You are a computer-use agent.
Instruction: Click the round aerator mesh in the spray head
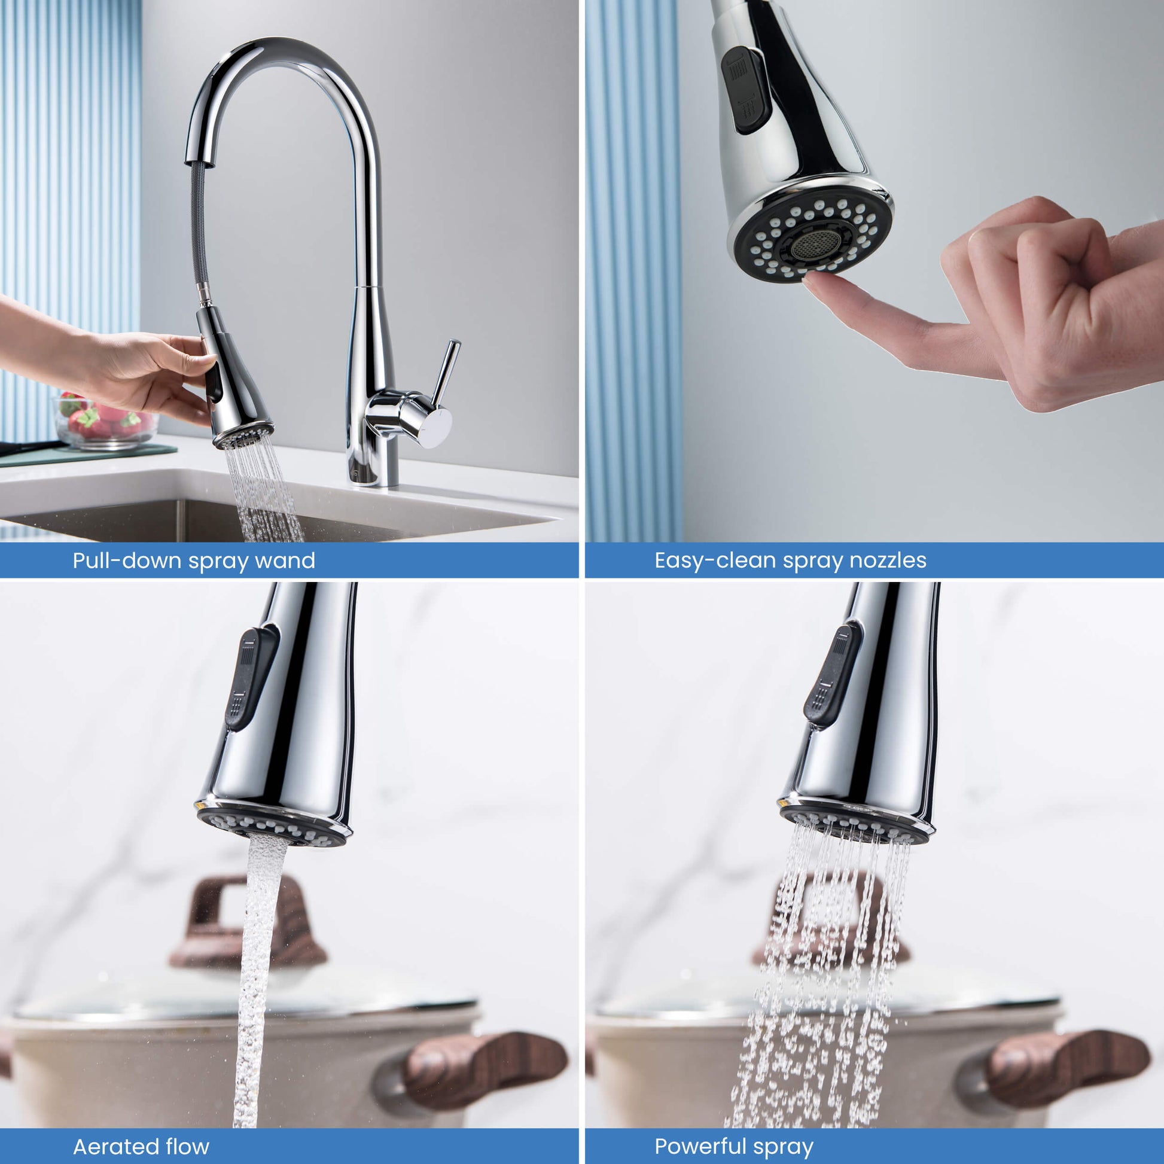(x=815, y=245)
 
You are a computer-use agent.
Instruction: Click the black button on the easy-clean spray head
(x=746, y=89)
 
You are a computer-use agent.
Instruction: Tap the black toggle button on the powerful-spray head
(x=832, y=674)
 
